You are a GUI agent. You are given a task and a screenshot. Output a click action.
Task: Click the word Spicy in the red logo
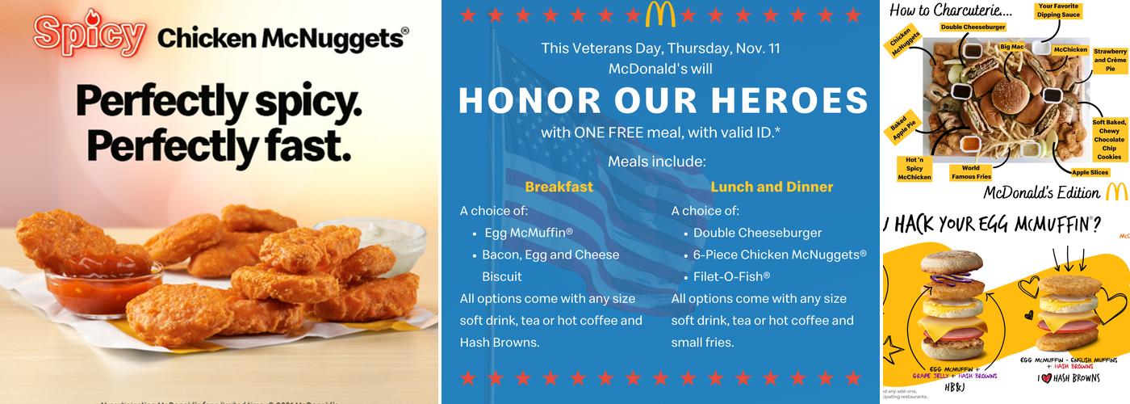click(90, 36)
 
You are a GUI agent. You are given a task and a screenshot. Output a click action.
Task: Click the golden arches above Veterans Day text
click(661, 14)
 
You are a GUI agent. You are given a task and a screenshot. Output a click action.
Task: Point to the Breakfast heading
click(559, 187)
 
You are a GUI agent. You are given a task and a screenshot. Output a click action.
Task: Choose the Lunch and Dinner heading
click(772, 187)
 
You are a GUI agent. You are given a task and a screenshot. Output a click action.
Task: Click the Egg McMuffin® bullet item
click(529, 233)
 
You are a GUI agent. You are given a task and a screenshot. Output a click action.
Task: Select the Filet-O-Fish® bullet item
click(731, 276)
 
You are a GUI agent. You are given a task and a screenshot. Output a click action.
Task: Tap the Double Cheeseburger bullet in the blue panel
click(757, 233)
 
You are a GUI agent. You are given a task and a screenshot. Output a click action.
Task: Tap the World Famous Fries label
click(970, 172)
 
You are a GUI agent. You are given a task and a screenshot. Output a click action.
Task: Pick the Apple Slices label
click(1090, 171)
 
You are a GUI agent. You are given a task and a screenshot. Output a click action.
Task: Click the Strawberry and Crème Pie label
click(1110, 60)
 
